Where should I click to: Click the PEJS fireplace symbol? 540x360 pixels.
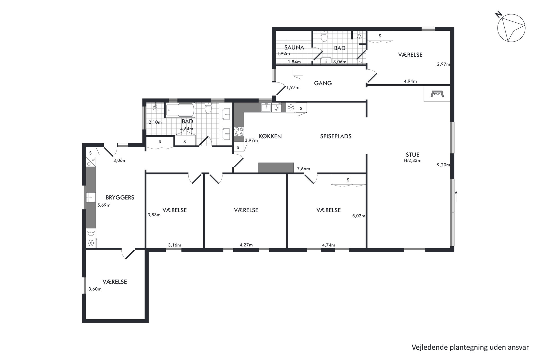pos(437,94)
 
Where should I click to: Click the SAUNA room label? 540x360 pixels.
pos(294,48)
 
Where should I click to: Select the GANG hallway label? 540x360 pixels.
pos(323,83)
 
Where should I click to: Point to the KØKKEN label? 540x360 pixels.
pos(270,136)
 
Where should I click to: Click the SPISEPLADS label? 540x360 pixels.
pos(336,136)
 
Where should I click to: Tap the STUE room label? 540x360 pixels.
pos(412,155)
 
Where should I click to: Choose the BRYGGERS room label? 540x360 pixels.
pos(120,198)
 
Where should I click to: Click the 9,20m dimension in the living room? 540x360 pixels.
pos(443,165)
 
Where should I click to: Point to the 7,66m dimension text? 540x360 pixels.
pos(303,169)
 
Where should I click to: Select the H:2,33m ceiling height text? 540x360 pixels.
pos(413,161)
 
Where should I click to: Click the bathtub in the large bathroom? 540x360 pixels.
pos(180,110)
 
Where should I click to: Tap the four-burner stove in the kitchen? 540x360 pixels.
pos(239,132)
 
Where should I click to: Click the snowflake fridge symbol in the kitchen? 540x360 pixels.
pos(291,107)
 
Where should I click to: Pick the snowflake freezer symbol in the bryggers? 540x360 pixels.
pos(91,243)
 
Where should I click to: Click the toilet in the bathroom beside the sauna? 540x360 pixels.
pos(324,36)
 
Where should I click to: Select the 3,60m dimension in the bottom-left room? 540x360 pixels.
pos(95,289)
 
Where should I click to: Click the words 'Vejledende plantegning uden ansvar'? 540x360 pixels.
pos(470,347)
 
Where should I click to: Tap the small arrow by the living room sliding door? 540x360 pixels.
pos(456,196)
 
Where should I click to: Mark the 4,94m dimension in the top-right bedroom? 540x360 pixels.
pos(410,81)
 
